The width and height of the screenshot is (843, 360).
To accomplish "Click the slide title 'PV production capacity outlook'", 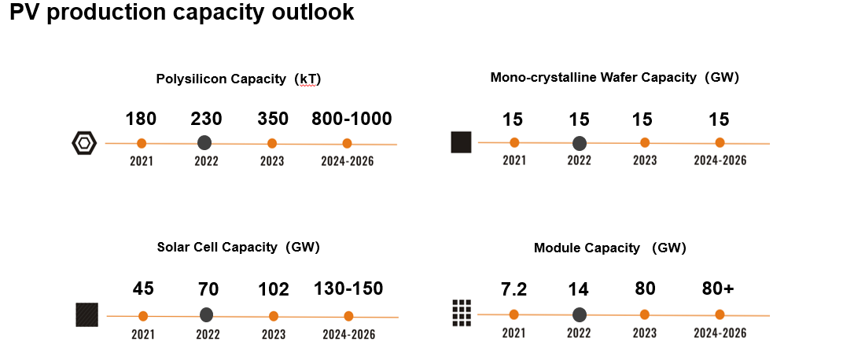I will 181,13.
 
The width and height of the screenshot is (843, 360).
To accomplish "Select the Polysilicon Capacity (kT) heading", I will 238,79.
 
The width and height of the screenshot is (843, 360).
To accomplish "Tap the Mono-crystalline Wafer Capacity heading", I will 614,78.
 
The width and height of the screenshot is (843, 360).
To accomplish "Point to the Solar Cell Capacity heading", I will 238,247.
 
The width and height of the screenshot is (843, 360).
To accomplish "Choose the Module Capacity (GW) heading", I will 609,248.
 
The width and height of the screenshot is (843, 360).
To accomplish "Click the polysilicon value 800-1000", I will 352,119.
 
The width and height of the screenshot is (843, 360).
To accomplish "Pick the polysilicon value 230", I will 206,119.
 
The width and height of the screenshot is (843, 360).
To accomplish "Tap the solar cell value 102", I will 273,289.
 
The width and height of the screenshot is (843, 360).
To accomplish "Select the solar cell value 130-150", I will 348,288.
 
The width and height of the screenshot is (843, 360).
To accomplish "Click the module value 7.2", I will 514,289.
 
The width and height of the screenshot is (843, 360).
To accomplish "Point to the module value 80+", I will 718,289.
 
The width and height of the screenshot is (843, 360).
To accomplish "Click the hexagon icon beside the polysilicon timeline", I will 83,143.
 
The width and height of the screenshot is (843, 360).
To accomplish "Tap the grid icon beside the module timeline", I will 462,314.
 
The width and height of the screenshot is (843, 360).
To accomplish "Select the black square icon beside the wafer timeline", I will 461,142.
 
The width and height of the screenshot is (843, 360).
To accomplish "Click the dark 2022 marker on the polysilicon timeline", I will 204,142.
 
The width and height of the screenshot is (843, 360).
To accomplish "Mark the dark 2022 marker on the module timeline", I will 580,314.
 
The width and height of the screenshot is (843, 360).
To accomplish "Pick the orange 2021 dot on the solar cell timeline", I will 143,316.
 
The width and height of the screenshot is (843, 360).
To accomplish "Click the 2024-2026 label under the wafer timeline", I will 720,161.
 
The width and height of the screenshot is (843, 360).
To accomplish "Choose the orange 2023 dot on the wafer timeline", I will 645,142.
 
